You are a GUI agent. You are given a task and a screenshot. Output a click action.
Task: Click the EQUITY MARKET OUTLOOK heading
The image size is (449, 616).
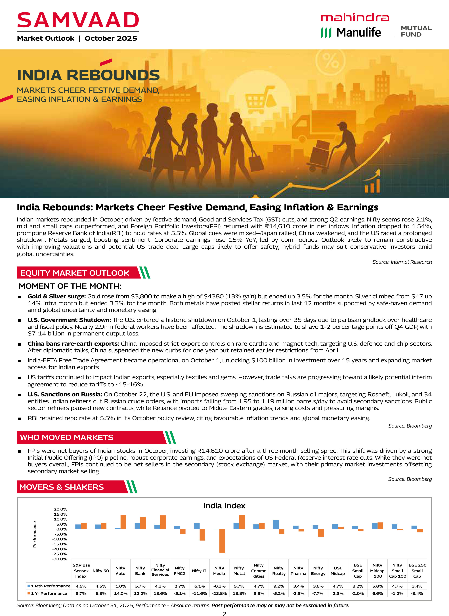pos(75,273)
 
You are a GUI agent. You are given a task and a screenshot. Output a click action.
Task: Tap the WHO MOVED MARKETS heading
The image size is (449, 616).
pos(67,437)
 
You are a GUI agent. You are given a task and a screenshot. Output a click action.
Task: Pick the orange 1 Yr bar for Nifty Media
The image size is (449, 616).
pos(222,541)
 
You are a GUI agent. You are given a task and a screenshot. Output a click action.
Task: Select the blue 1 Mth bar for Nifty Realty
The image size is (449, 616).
pos(276,524)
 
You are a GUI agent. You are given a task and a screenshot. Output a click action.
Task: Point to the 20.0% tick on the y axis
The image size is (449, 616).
pos(60,509)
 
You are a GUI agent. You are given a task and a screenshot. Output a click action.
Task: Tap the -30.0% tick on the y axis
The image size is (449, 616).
pos(60,559)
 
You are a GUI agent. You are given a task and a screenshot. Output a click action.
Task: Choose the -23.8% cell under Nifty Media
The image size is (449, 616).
pos(219,593)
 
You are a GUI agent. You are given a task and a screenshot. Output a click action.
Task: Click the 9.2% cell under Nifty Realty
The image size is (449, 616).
pos(279,586)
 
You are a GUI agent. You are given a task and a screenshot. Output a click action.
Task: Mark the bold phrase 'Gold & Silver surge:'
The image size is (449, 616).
pos(56,296)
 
